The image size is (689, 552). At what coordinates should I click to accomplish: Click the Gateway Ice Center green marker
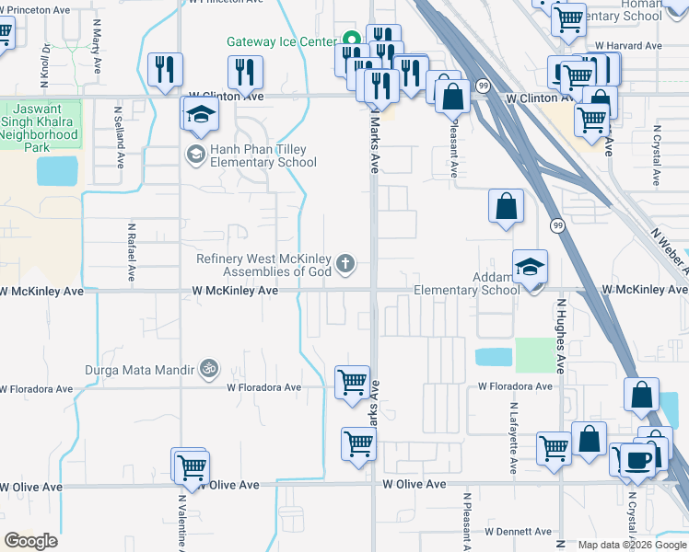pos(350,40)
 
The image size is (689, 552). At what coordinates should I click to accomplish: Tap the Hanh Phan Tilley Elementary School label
pos(263,155)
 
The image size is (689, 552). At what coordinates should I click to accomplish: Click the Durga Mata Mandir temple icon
pos(209,369)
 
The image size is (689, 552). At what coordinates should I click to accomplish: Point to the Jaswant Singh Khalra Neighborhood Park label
pos(40,127)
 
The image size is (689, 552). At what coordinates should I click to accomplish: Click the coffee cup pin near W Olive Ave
pos(636,459)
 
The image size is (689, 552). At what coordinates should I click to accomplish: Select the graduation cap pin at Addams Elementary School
pos(530,267)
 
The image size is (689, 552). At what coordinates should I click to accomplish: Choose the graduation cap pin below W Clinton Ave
pos(199,115)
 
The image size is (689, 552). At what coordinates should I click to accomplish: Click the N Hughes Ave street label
pos(559,335)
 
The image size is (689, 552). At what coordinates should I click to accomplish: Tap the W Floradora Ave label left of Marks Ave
pos(264,388)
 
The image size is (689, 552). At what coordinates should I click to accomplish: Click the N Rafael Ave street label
pos(132,251)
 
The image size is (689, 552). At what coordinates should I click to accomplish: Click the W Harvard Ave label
pos(628,45)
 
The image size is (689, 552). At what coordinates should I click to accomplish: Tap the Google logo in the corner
pos(31,541)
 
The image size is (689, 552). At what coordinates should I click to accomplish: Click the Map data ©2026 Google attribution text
pos(631,545)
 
